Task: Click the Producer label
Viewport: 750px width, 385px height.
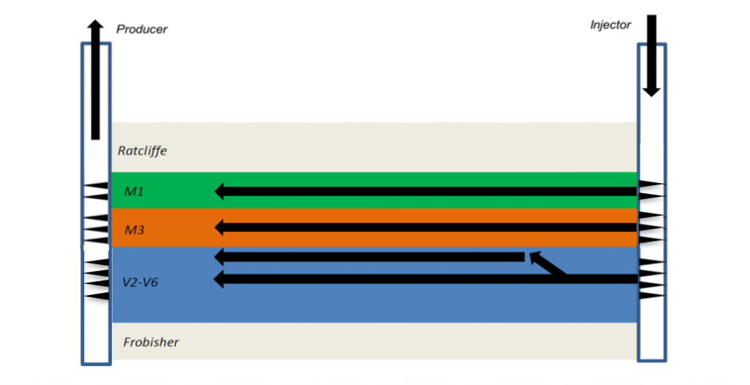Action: [141, 29]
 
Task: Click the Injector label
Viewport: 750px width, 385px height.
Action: [610, 25]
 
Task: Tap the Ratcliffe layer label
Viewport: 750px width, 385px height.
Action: [142, 151]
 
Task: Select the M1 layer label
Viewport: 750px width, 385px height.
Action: [134, 191]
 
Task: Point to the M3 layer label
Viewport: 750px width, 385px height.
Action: [135, 230]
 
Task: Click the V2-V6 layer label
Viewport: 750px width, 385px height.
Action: [140, 283]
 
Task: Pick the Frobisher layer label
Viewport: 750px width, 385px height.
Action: [151, 342]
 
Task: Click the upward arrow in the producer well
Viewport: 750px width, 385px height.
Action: [96, 80]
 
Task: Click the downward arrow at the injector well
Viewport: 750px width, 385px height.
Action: [651, 56]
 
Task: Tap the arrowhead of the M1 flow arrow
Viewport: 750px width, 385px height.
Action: [219, 191]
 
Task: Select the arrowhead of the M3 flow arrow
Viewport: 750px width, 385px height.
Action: [219, 228]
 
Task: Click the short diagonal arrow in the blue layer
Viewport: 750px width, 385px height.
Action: [547, 263]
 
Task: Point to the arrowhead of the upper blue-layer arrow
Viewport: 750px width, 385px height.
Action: [219, 257]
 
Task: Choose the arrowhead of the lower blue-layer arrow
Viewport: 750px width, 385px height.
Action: [219, 280]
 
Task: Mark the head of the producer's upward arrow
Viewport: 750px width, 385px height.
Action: [96, 23]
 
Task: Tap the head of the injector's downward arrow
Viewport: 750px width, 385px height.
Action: [651, 92]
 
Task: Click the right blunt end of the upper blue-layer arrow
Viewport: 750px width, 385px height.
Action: [524, 257]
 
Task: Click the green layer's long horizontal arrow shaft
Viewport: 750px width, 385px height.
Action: [431, 191]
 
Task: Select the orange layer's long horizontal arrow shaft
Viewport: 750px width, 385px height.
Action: [431, 228]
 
